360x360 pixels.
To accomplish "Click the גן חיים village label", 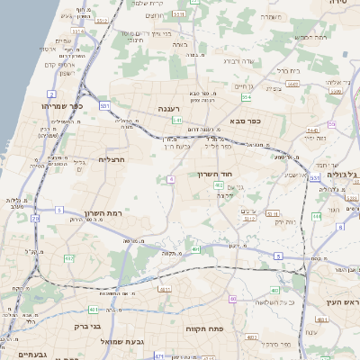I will [244, 85].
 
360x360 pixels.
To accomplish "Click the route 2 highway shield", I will [51, 94].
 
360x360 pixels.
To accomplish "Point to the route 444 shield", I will [316, 216].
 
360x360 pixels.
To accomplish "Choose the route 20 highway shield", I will [34, 217].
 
